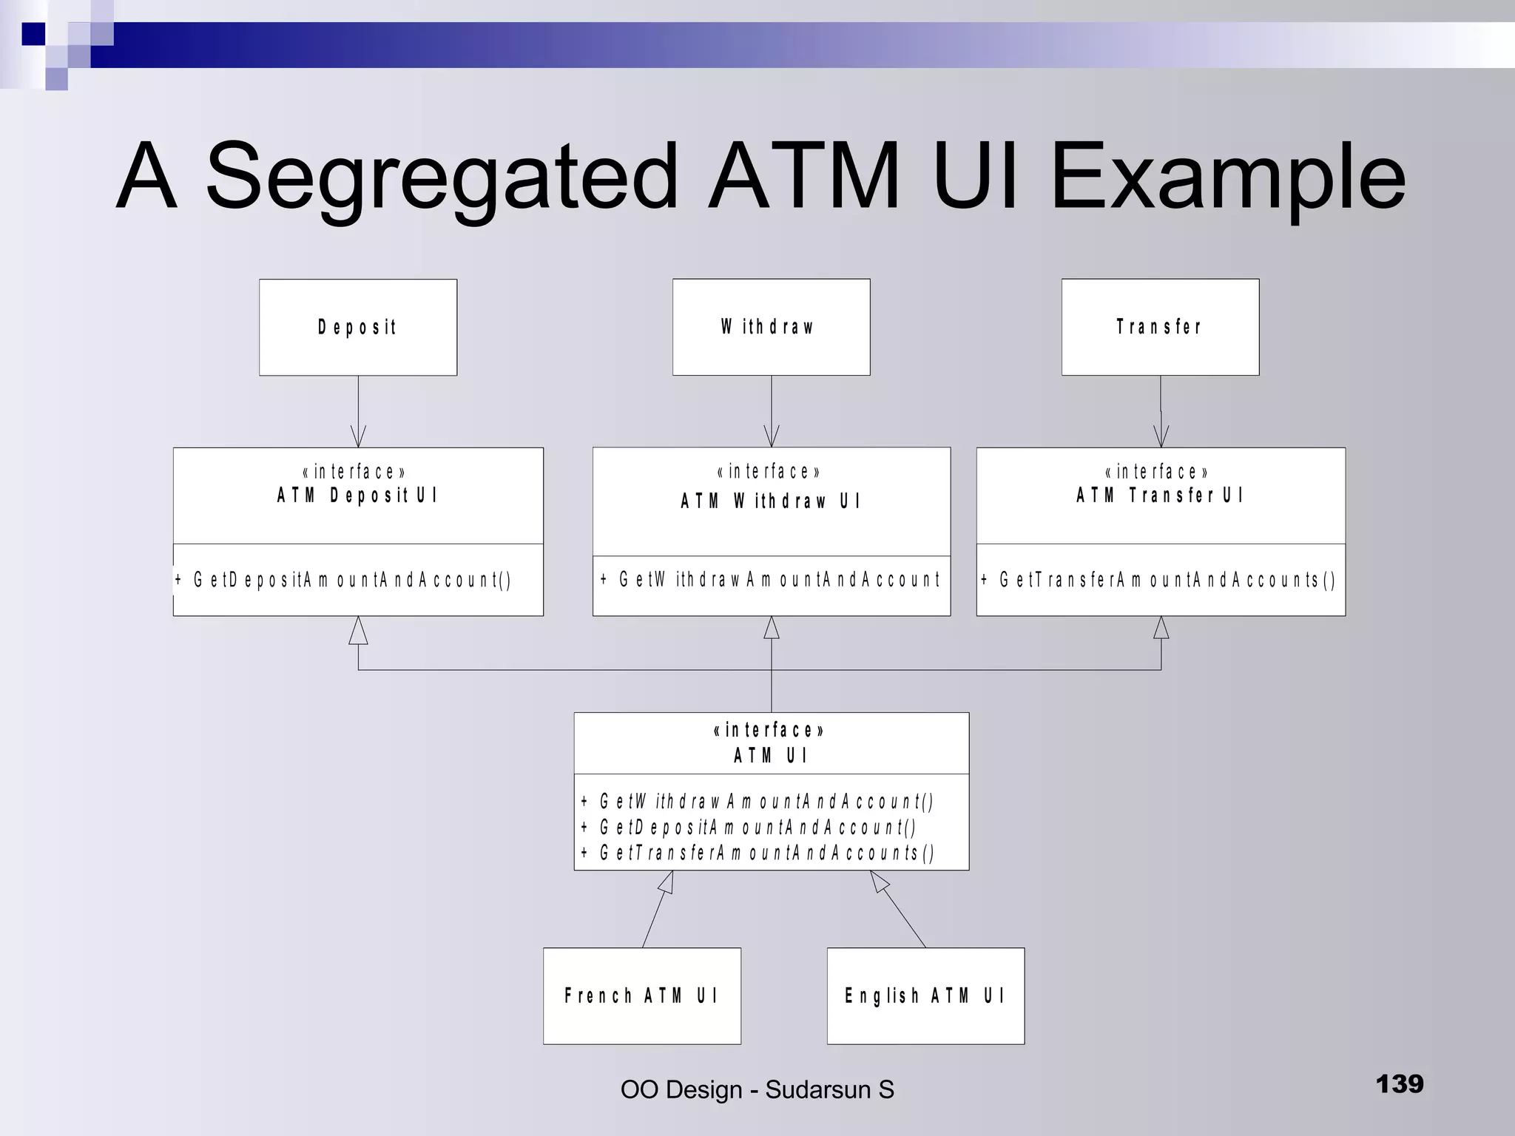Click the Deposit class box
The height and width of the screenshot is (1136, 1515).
(x=358, y=327)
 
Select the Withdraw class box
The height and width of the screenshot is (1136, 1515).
(x=771, y=327)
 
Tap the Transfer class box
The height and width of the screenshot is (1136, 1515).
(x=1160, y=327)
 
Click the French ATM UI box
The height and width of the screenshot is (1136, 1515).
(x=641, y=995)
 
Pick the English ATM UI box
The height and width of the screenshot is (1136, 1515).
(x=925, y=995)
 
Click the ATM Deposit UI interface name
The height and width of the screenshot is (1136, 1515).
(x=358, y=496)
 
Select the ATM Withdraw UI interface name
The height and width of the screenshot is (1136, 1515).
(x=771, y=501)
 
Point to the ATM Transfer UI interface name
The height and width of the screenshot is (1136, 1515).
(x=1160, y=496)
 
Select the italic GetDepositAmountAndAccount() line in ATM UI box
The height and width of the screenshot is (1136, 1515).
(x=757, y=827)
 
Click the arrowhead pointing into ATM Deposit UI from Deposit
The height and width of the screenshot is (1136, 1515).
(x=358, y=438)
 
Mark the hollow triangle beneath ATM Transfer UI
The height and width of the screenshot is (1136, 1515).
(x=1161, y=628)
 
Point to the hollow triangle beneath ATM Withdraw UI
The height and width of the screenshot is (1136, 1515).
(x=772, y=628)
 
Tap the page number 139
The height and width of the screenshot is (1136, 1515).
(x=1399, y=1084)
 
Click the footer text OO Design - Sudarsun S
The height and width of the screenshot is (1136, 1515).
(x=757, y=1089)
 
